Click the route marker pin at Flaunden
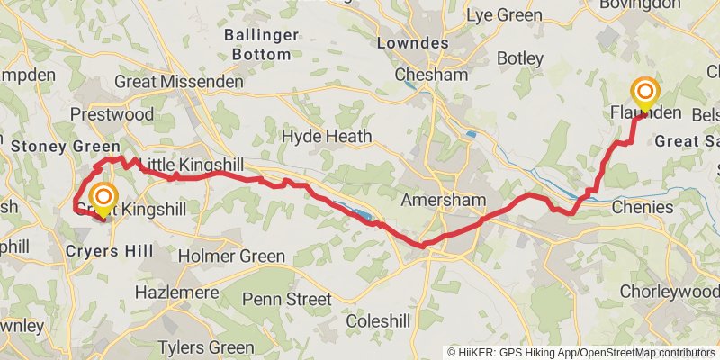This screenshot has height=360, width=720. (644, 94)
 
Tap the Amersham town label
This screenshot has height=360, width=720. (444, 199)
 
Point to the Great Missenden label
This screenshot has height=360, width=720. (179, 82)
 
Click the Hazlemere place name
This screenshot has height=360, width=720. (176, 292)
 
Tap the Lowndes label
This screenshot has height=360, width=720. (413, 43)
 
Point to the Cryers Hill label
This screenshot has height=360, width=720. (109, 251)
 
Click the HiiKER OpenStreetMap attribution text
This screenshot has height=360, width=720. (581, 352)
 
